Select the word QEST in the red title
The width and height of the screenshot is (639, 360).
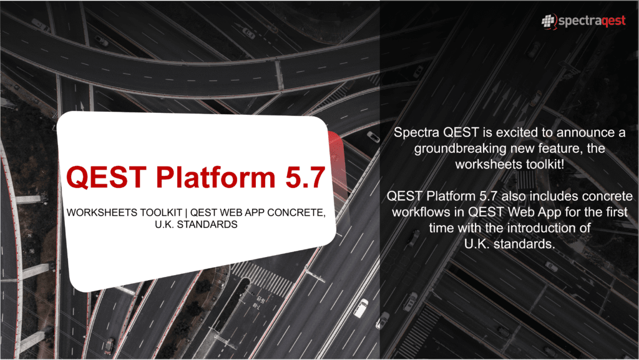[106, 177]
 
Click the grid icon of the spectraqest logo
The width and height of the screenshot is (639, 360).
[549, 21]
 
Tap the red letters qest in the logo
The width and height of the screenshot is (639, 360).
[613, 21]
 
